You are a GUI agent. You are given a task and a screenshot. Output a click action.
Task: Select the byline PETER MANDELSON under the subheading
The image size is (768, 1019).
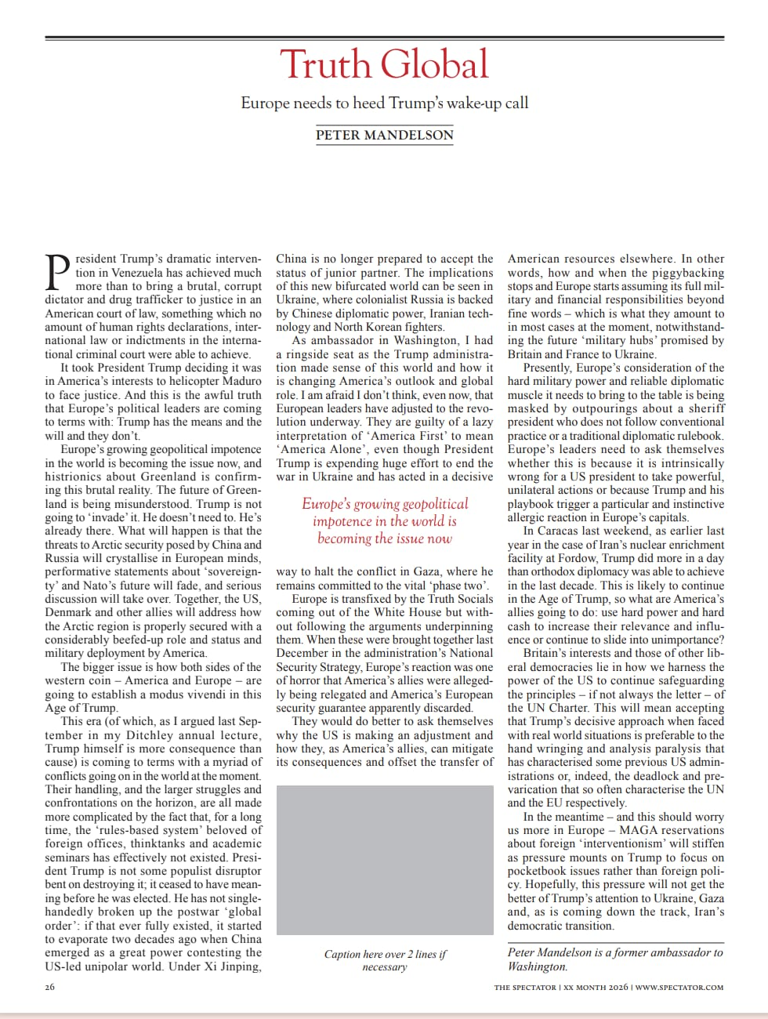coord(384,135)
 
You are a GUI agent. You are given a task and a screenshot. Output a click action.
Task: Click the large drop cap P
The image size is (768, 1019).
coord(58,273)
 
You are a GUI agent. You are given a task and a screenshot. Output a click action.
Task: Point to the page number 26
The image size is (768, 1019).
coord(49,988)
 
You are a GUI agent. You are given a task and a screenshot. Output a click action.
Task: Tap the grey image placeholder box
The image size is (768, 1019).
coord(384,860)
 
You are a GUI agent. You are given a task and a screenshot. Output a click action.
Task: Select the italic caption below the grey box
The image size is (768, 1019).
coord(384,960)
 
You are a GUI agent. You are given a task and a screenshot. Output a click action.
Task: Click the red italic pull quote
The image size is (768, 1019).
coord(384,520)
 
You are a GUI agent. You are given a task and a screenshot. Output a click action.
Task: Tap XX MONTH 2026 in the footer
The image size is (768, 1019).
coord(596,988)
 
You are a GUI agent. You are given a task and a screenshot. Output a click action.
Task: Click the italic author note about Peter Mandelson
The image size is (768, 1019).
coord(615,959)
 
